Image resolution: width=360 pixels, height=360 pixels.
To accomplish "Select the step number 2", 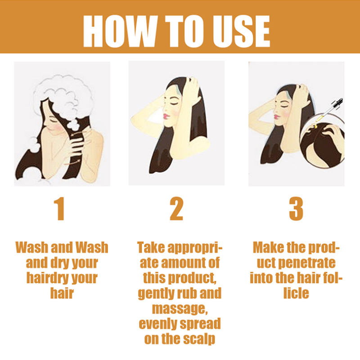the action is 176,209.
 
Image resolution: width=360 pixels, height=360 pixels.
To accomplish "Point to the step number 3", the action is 296,209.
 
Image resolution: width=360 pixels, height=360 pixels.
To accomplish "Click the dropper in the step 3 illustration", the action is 329,112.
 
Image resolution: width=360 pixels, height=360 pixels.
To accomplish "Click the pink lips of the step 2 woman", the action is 166,116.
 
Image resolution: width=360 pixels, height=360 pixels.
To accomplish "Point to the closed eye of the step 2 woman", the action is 173,104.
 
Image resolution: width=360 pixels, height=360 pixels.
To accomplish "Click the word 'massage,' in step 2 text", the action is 180,309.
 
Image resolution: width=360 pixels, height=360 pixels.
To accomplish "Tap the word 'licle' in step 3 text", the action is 296,293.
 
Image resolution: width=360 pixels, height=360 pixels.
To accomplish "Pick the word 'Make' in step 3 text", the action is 267,247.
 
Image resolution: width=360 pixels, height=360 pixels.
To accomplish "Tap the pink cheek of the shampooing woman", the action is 58,127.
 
